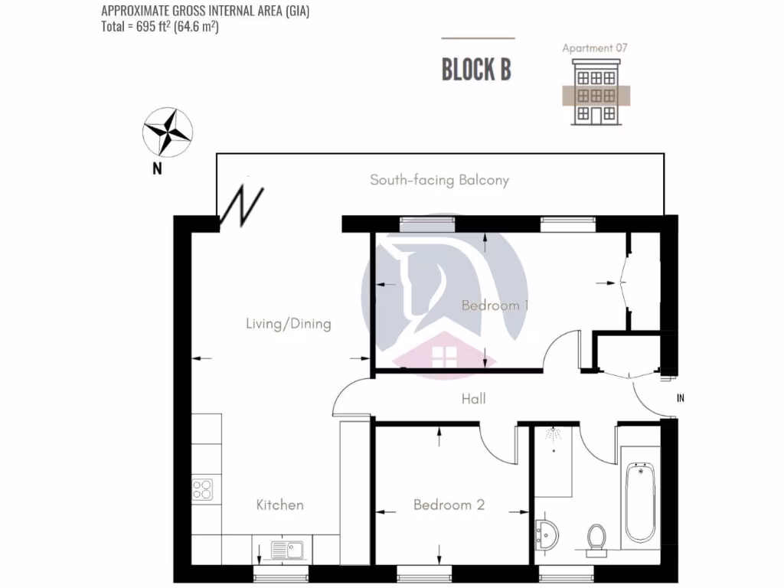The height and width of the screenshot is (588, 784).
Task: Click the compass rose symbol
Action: coord(168,131)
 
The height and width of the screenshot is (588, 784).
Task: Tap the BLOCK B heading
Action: coord(476,69)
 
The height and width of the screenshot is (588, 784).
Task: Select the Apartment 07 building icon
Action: coord(595,96)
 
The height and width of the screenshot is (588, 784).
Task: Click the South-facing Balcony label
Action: coord(439,181)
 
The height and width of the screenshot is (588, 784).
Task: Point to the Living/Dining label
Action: coord(288,324)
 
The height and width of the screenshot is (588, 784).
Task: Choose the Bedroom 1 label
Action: coord(495,305)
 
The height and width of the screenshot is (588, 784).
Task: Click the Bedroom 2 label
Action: coord(449,505)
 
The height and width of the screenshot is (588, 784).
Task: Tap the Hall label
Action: coord(473,399)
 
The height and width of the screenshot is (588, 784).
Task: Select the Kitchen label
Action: coord(279,505)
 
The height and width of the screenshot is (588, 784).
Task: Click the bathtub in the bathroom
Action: coord(639,501)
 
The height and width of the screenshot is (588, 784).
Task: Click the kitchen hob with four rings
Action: coord(202,489)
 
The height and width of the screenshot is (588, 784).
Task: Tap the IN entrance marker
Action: coord(680,399)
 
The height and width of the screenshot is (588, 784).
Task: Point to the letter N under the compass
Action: coord(157,169)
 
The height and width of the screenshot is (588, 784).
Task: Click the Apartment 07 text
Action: coord(595,48)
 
